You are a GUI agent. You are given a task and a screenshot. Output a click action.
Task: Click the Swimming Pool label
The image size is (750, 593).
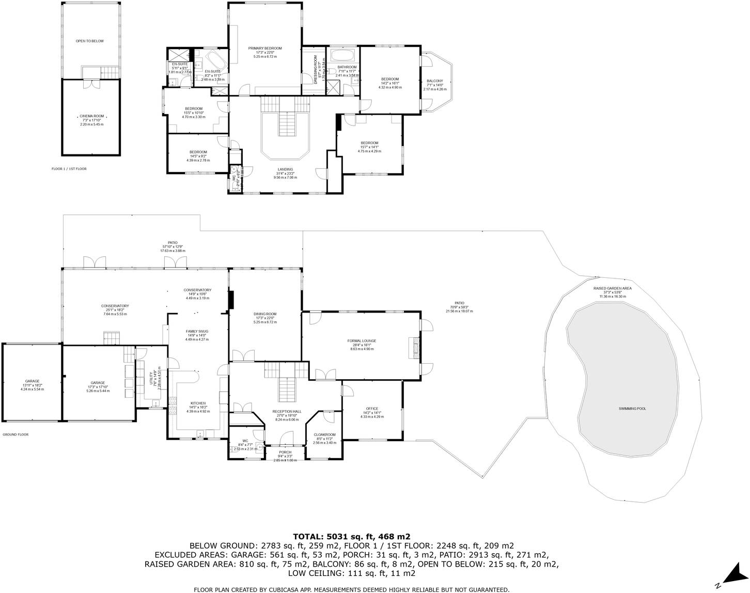pyautogui.click(x=632, y=409)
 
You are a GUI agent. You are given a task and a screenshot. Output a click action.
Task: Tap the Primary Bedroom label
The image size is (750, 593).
pyautogui.click(x=264, y=49)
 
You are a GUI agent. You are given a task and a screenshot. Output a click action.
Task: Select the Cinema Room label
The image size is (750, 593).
pyautogui.click(x=91, y=116)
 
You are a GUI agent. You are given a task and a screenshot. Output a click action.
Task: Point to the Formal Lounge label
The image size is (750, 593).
pyautogui.click(x=362, y=341)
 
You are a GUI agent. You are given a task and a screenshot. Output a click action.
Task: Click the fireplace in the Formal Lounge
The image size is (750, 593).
pyautogui.click(x=414, y=348)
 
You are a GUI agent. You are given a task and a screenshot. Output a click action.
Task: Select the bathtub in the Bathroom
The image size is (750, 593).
pyautogui.click(x=342, y=55)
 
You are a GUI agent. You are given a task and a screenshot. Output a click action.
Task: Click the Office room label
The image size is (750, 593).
pyautogui.click(x=372, y=409)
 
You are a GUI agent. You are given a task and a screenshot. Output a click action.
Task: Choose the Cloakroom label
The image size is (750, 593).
pyautogui.click(x=324, y=435)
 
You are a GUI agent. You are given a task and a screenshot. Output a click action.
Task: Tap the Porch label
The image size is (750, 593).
pyautogui.click(x=285, y=452)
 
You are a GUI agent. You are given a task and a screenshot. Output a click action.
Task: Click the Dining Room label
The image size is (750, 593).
pyautogui.click(x=265, y=314)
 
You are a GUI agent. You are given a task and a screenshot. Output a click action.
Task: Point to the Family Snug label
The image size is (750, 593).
pyautogui.click(x=197, y=331)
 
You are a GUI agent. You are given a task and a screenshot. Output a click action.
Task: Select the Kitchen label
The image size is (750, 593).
pyautogui.click(x=198, y=403)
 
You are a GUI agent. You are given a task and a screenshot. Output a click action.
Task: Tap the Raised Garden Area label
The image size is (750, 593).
pyautogui.click(x=612, y=288)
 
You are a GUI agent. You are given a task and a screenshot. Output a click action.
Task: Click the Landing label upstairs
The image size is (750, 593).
pyautogui.click(x=285, y=169)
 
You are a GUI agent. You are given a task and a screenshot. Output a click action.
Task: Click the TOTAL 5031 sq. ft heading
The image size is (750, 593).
pyautogui.click(x=351, y=536)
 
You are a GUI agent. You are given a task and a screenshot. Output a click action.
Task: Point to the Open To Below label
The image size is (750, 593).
pyautogui.click(x=90, y=41)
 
